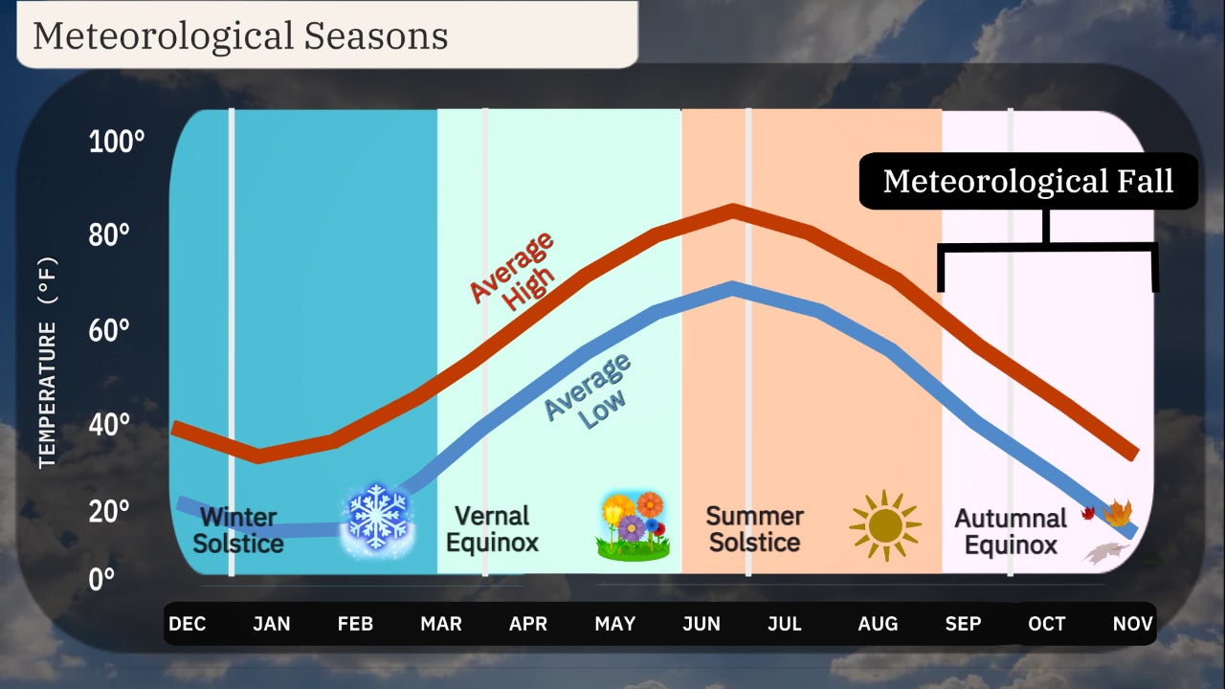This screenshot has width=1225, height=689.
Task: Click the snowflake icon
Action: click(x=378, y=517)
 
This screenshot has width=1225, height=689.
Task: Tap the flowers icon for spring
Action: click(x=632, y=526)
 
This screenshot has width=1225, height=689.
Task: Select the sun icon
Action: click(x=884, y=525)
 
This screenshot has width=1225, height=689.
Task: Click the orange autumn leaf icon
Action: click(x=1117, y=514)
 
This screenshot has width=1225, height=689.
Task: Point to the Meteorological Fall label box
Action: click(x=1028, y=181)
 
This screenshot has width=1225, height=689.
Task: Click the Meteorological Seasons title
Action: click(x=240, y=35)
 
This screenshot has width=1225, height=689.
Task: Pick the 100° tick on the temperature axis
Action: click(x=117, y=143)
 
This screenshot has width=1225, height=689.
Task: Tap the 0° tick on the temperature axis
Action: click(x=102, y=579)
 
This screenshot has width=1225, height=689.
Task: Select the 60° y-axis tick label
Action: click(x=109, y=331)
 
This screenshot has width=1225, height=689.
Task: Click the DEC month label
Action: click(x=188, y=624)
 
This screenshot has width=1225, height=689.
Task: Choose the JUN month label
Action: click(x=702, y=624)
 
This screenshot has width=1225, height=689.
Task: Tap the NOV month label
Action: click(x=1132, y=624)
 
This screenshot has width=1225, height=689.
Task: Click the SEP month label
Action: click(x=963, y=624)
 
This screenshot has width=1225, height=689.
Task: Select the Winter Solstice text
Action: click(x=238, y=530)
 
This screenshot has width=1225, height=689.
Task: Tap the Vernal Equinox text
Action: click(x=492, y=529)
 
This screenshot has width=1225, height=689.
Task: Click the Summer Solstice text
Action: click(x=754, y=529)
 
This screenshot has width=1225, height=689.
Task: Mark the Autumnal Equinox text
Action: click(x=1011, y=532)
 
